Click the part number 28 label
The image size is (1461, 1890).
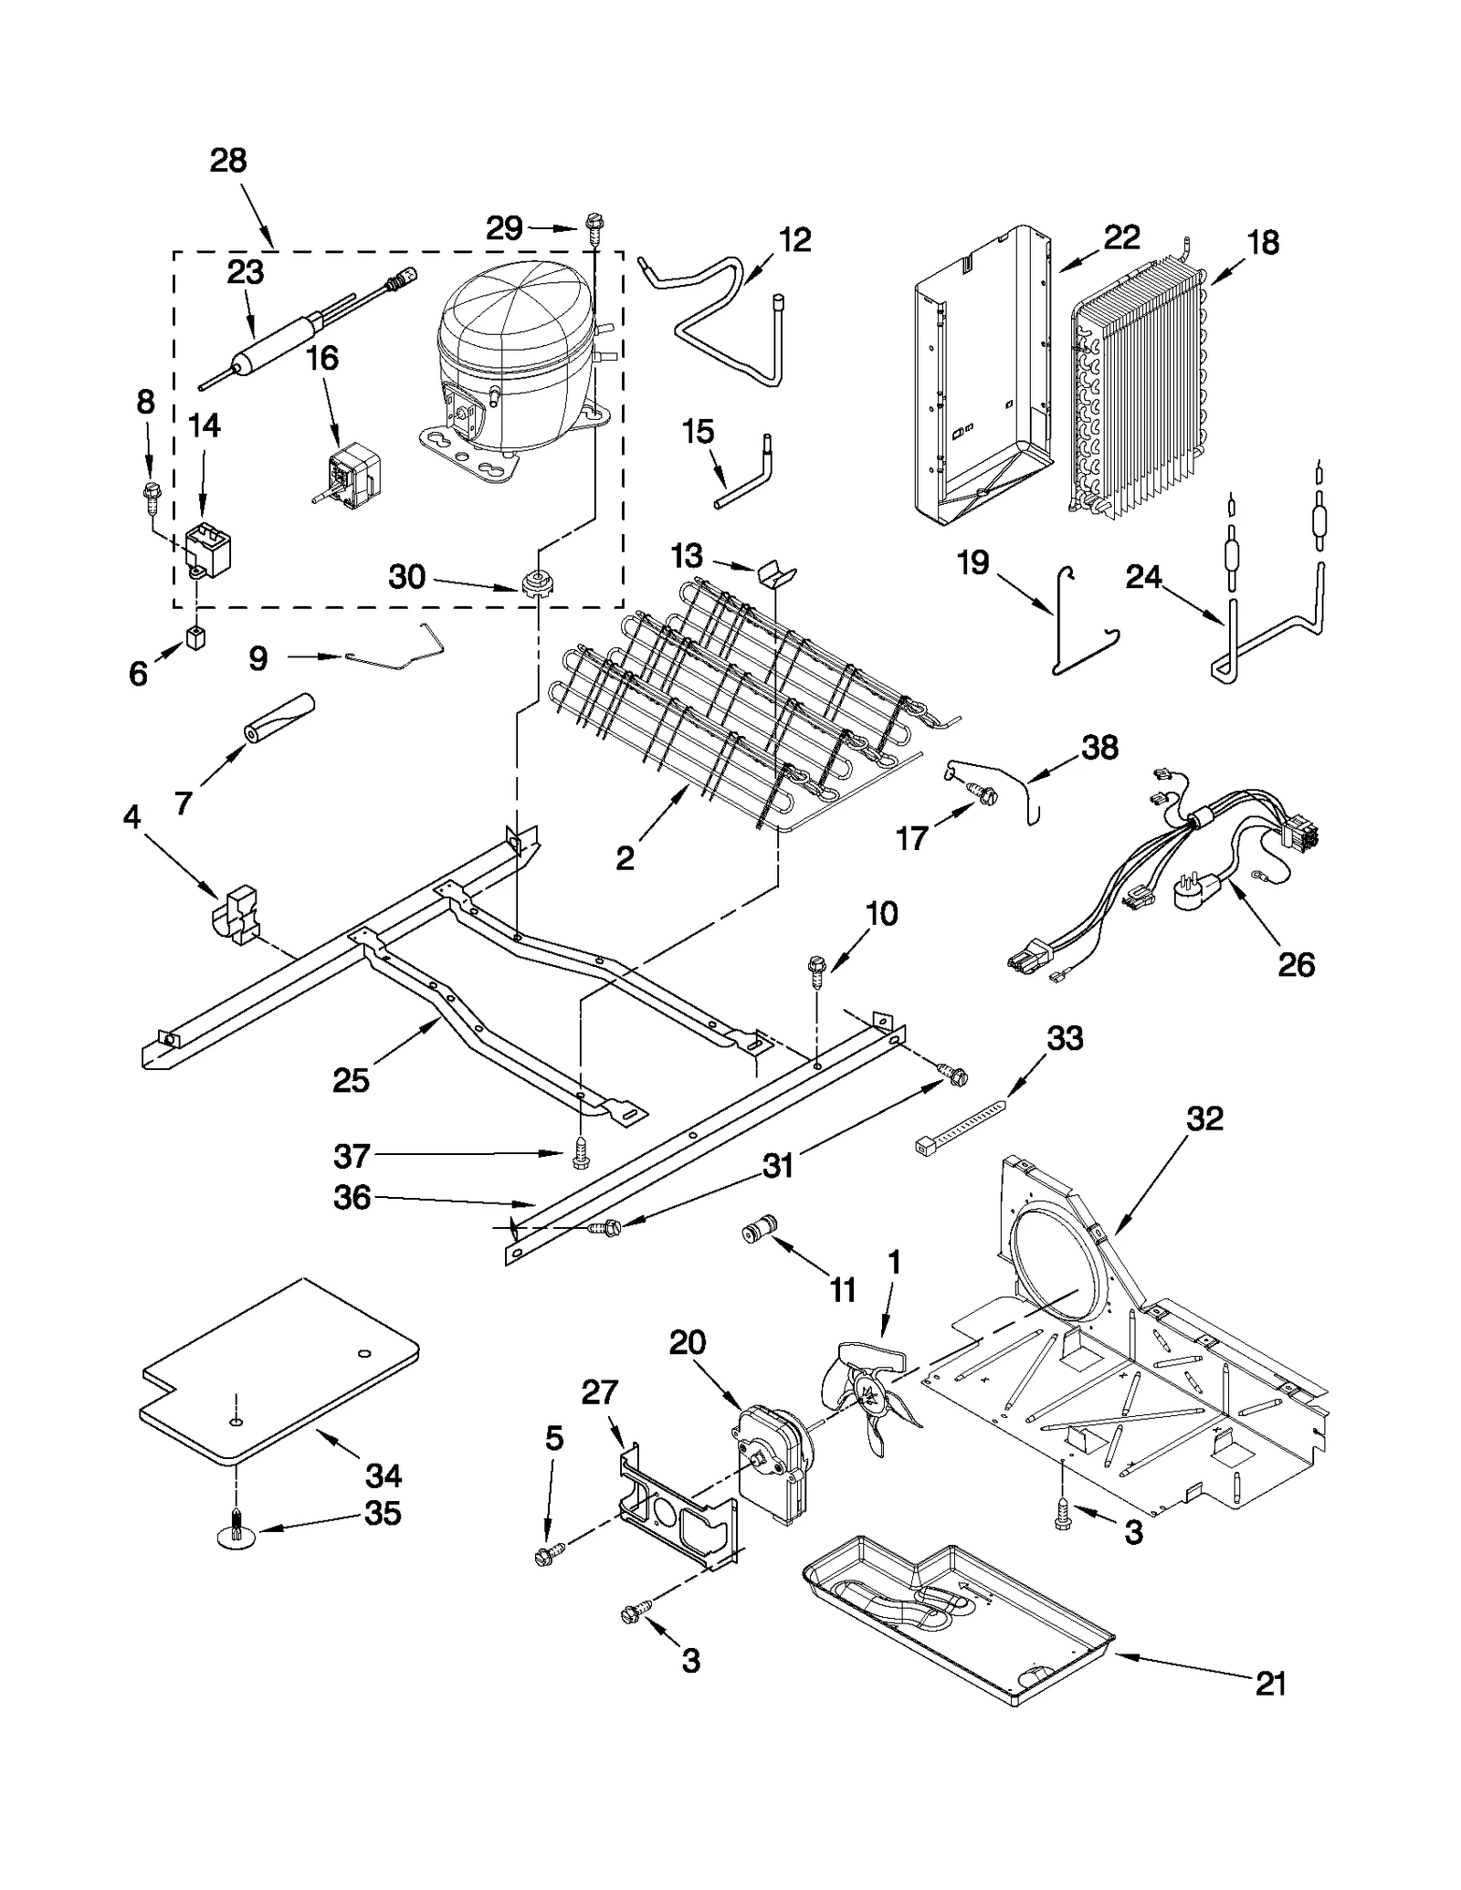click(x=228, y=161)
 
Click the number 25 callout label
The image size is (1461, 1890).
click(x=351, y=1079)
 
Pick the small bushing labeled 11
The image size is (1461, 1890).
click(x=758, y=1232)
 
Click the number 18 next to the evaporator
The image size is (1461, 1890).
click(x=1264, y=243)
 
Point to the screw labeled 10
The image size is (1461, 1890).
click(x=817, y=969)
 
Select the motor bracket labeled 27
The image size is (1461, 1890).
click(x=676, y=1507)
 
